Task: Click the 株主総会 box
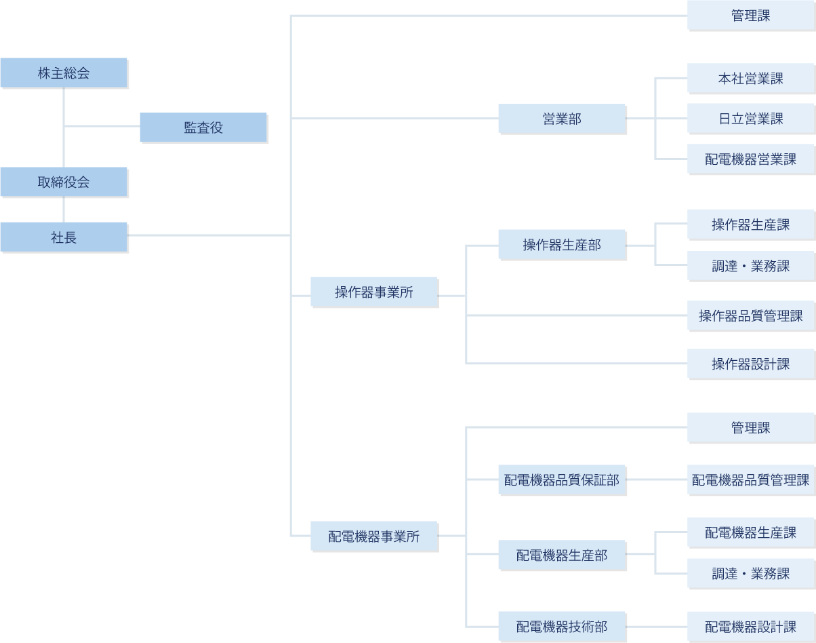point(64,73)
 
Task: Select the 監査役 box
point(203,127)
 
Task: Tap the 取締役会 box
point(64,182)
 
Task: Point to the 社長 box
point(64,237)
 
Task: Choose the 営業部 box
point(562,119)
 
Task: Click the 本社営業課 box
point(750,78)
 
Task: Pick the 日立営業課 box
point(750,119)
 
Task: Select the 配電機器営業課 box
point(750,159)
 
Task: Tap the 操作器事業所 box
point(374,292)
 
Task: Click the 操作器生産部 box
point(562,244)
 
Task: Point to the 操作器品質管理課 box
point(750,315)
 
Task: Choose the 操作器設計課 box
point(750,364)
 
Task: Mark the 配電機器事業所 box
point(374,536)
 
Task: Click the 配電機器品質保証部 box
point(562,480)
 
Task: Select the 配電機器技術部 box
point(562,626)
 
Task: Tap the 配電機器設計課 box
point(750,626)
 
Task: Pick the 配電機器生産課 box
point(750,532)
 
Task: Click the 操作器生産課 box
point(750,224)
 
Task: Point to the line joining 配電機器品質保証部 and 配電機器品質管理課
point(656,480)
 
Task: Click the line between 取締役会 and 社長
point(64,209)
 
